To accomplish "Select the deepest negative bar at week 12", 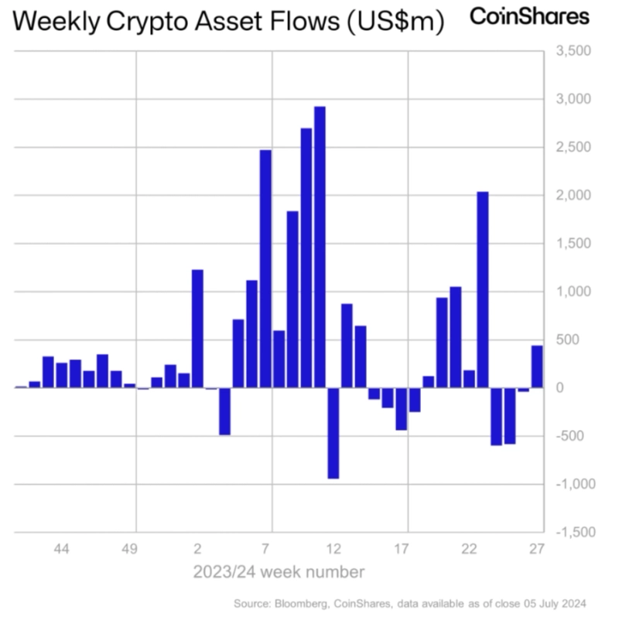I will click(x=333, y=433).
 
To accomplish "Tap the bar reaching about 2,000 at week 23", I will click(x=482, y=289).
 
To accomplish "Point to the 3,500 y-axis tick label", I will click(x=573, y=52).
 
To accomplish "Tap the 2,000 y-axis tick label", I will click(x=573, y=196).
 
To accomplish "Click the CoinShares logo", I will click(x=530, y=16).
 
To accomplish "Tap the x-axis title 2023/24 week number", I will click(x=279, y=573).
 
